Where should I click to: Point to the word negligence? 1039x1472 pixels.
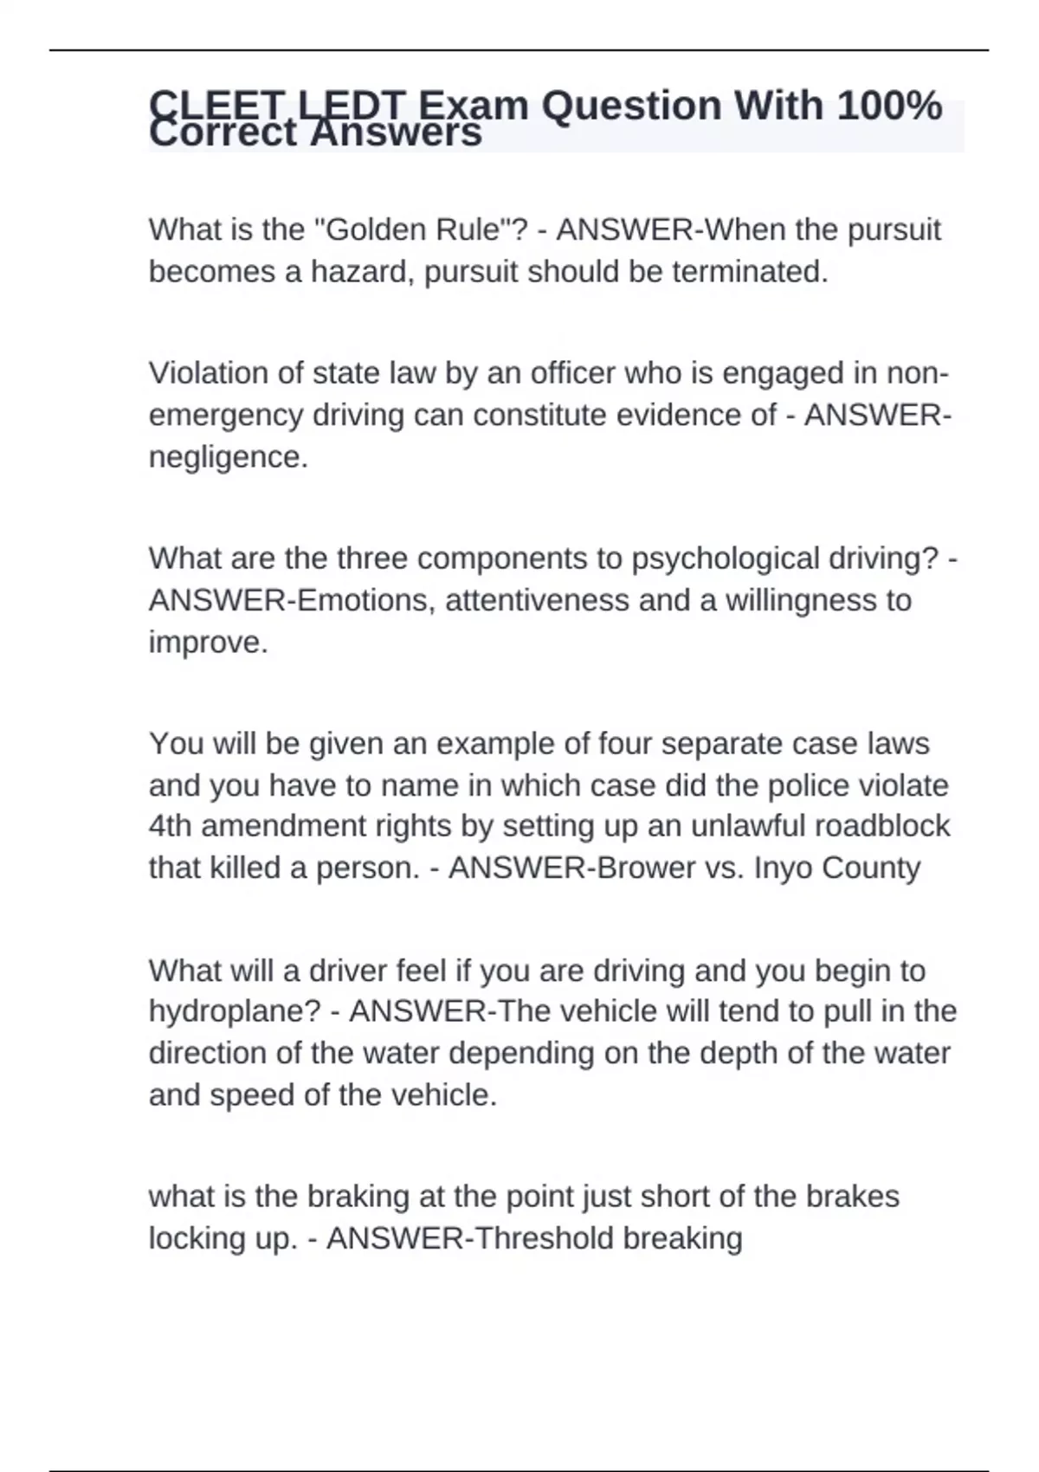[x=228, y=457]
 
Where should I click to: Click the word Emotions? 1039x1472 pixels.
[x=363, y=601]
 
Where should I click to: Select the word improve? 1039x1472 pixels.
[x=208, y=642]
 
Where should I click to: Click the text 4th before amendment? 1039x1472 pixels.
[x=170, y=826]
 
